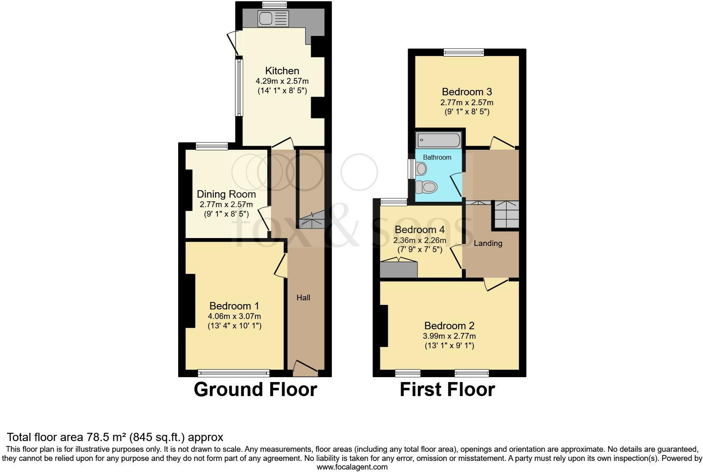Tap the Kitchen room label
pos(282,71)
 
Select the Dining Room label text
pos(226,194)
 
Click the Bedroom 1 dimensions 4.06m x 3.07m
pos(234,316)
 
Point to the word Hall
pos(303,297)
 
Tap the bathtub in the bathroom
pos(438,140)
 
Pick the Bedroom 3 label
pos(467,92)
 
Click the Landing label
pos(488,243)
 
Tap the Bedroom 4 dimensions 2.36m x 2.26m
pos(420,240)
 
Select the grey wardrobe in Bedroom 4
pos(399,269)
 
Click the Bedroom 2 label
pos(449,326)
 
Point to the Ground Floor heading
pos(255,389)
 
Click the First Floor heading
pos(447,389)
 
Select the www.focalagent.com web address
pos(352,467)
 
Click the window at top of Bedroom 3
pos(464,52)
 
